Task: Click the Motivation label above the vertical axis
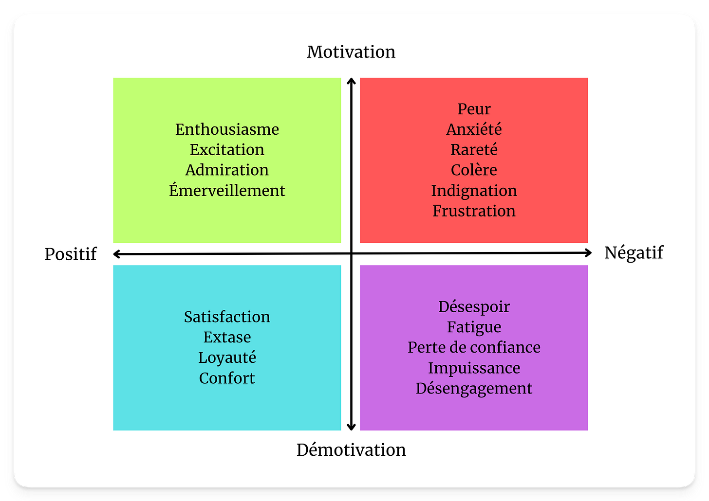(x=351, y=52)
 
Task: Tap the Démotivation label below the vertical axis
(x=351, y=450)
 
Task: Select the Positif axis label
(x=71, y=254)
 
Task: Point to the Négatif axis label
(x=634, y=253)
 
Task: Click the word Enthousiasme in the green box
(x=227, y=129)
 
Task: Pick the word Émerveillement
(x=227, y=191)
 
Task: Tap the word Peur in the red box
(x=474, y=109)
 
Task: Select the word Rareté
(x=474, y=150)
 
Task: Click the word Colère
(x=474, y=170)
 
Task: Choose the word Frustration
(x=474, y=211)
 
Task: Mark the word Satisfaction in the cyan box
(x=227, y=317)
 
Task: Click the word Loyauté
(x=227, y=358)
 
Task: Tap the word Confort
(x=227, y=378)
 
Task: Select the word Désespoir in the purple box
(x=474, y=307)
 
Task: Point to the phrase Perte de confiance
(x=474, y=348)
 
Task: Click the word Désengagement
(x=474, y=389)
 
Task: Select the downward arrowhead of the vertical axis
(x=351, y=427)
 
